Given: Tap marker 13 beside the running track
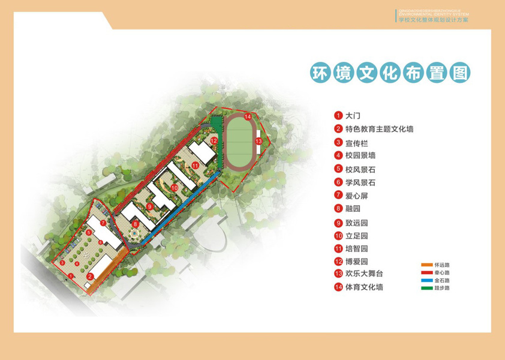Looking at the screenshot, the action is coord(258,140).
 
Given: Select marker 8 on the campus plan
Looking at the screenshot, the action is coord(137,224).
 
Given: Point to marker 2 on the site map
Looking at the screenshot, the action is coord(90,277).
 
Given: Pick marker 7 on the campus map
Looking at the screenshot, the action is coord(103,223).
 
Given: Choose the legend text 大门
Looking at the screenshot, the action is coord(353,115).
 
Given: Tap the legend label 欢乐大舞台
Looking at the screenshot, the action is coord(363,274).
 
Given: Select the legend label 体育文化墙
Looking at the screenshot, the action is coord(363,287).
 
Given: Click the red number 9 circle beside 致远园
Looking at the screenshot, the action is coord(338,222).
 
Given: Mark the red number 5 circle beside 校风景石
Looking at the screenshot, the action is coord(338,169).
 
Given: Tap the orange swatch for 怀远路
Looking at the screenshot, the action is coord(426,265).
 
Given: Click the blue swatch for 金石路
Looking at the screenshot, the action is coord(426,280).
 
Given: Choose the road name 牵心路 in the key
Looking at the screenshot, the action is coord(442,272).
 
